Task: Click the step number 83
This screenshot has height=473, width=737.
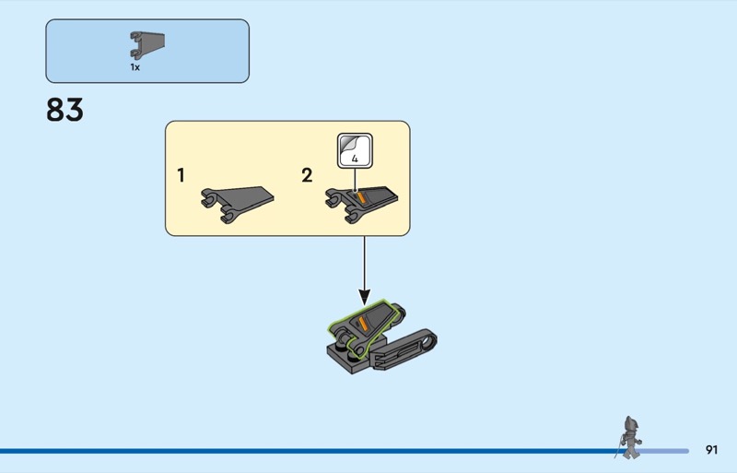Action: pos(64,110)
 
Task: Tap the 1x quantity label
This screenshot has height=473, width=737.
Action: pos(135,67)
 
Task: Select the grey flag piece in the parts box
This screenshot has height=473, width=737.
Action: pos(146,44)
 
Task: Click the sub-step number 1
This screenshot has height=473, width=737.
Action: pos(181,175)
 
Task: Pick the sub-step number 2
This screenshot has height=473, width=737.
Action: pos(307,175)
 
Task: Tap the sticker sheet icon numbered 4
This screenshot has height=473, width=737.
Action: pos(355,150)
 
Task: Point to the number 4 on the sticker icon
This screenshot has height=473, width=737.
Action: pos(355,160)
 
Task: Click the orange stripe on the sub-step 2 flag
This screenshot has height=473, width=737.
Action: pos(362,198)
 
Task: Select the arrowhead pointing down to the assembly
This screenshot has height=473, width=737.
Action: pos(364,298)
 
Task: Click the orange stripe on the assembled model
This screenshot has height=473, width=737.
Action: pos(363,324)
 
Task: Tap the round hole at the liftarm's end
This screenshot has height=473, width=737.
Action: pos(428,339)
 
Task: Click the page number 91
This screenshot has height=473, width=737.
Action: pos(711,450)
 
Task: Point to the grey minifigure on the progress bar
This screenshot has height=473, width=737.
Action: pos(630,438)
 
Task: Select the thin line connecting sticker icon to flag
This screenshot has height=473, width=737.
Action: pos(355,179)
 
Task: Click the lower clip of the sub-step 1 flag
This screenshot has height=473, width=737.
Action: pos(228,217)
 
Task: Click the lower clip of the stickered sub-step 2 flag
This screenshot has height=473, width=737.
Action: pos(354,217)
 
